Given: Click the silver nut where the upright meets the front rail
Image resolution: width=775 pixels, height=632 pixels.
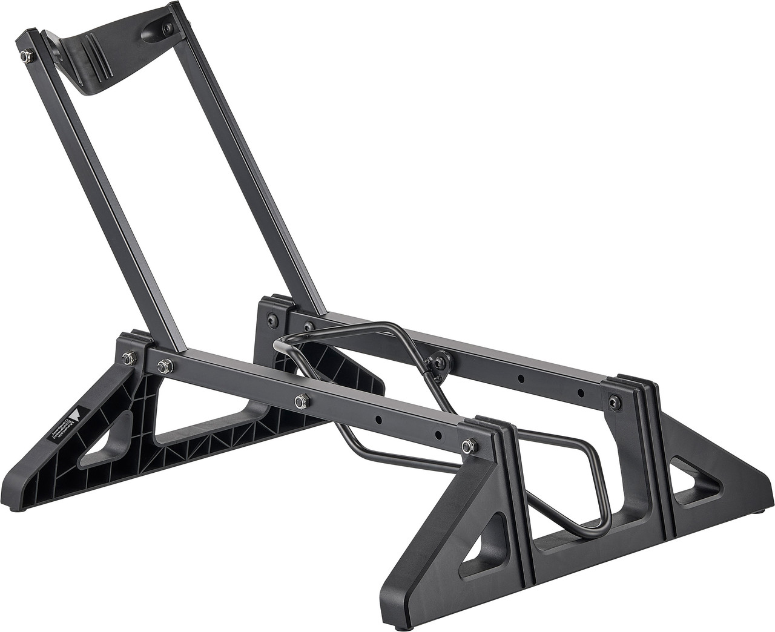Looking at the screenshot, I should click(162, 365).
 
